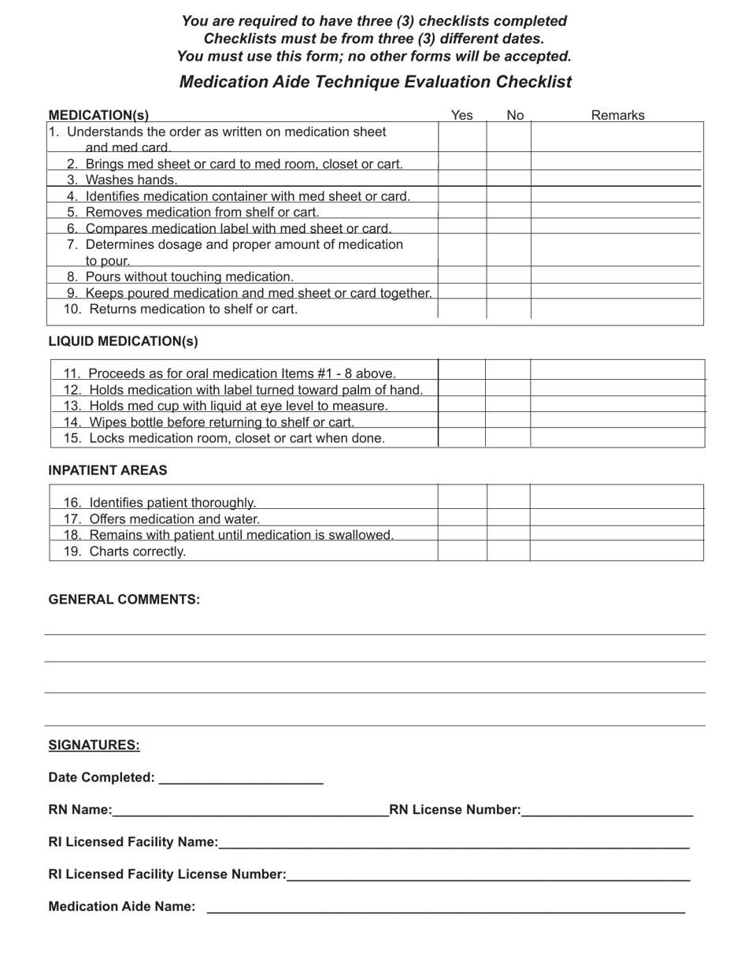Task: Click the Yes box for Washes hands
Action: pos(462,179)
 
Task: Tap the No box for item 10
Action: pos(509,309)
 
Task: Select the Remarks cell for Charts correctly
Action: pos(617,551)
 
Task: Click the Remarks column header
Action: pos(617,116)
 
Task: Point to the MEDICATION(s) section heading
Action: pos(98,116)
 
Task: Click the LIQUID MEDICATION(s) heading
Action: pos(124,341)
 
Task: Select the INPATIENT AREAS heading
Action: pos(108,470)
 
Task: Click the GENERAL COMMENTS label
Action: pos(124,600)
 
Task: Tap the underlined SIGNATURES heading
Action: pos(94,745)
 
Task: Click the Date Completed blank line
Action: pos(241,778)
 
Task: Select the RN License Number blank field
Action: pos(607,810)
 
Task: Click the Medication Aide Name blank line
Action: pos(446,907)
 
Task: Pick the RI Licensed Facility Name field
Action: pos(454,842)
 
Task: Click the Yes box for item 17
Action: pos(462,518)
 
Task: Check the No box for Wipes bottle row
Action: pos(508,421)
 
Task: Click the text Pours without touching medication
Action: pos(189,277)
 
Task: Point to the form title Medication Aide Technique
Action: pos(375,82)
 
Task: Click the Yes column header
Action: pos(462,116)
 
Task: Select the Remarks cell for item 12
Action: pos(618,388)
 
